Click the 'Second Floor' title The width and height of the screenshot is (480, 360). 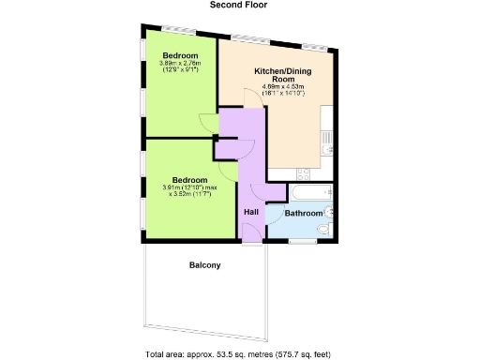pyautogui.click(x=239, y=6)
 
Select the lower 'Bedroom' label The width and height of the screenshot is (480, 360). pyautogui.click(x=187, y=178)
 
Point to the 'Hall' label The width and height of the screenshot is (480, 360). pyautogui.click(x=251, y=212)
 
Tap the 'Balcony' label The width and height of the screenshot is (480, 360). pyautogui.click(x=204, y=265)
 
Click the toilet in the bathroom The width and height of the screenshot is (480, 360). pyautogui.click(x=323, y=226)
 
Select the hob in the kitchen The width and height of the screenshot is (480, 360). pyautogui.click(x=306, y=173)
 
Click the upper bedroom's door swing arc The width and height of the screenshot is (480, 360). pyautogui.click(x=206, y=123)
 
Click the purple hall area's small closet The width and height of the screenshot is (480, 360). pyautogui.click(x=228, y=148)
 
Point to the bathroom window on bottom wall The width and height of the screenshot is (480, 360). pyautogui.click(x=302, y=242)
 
